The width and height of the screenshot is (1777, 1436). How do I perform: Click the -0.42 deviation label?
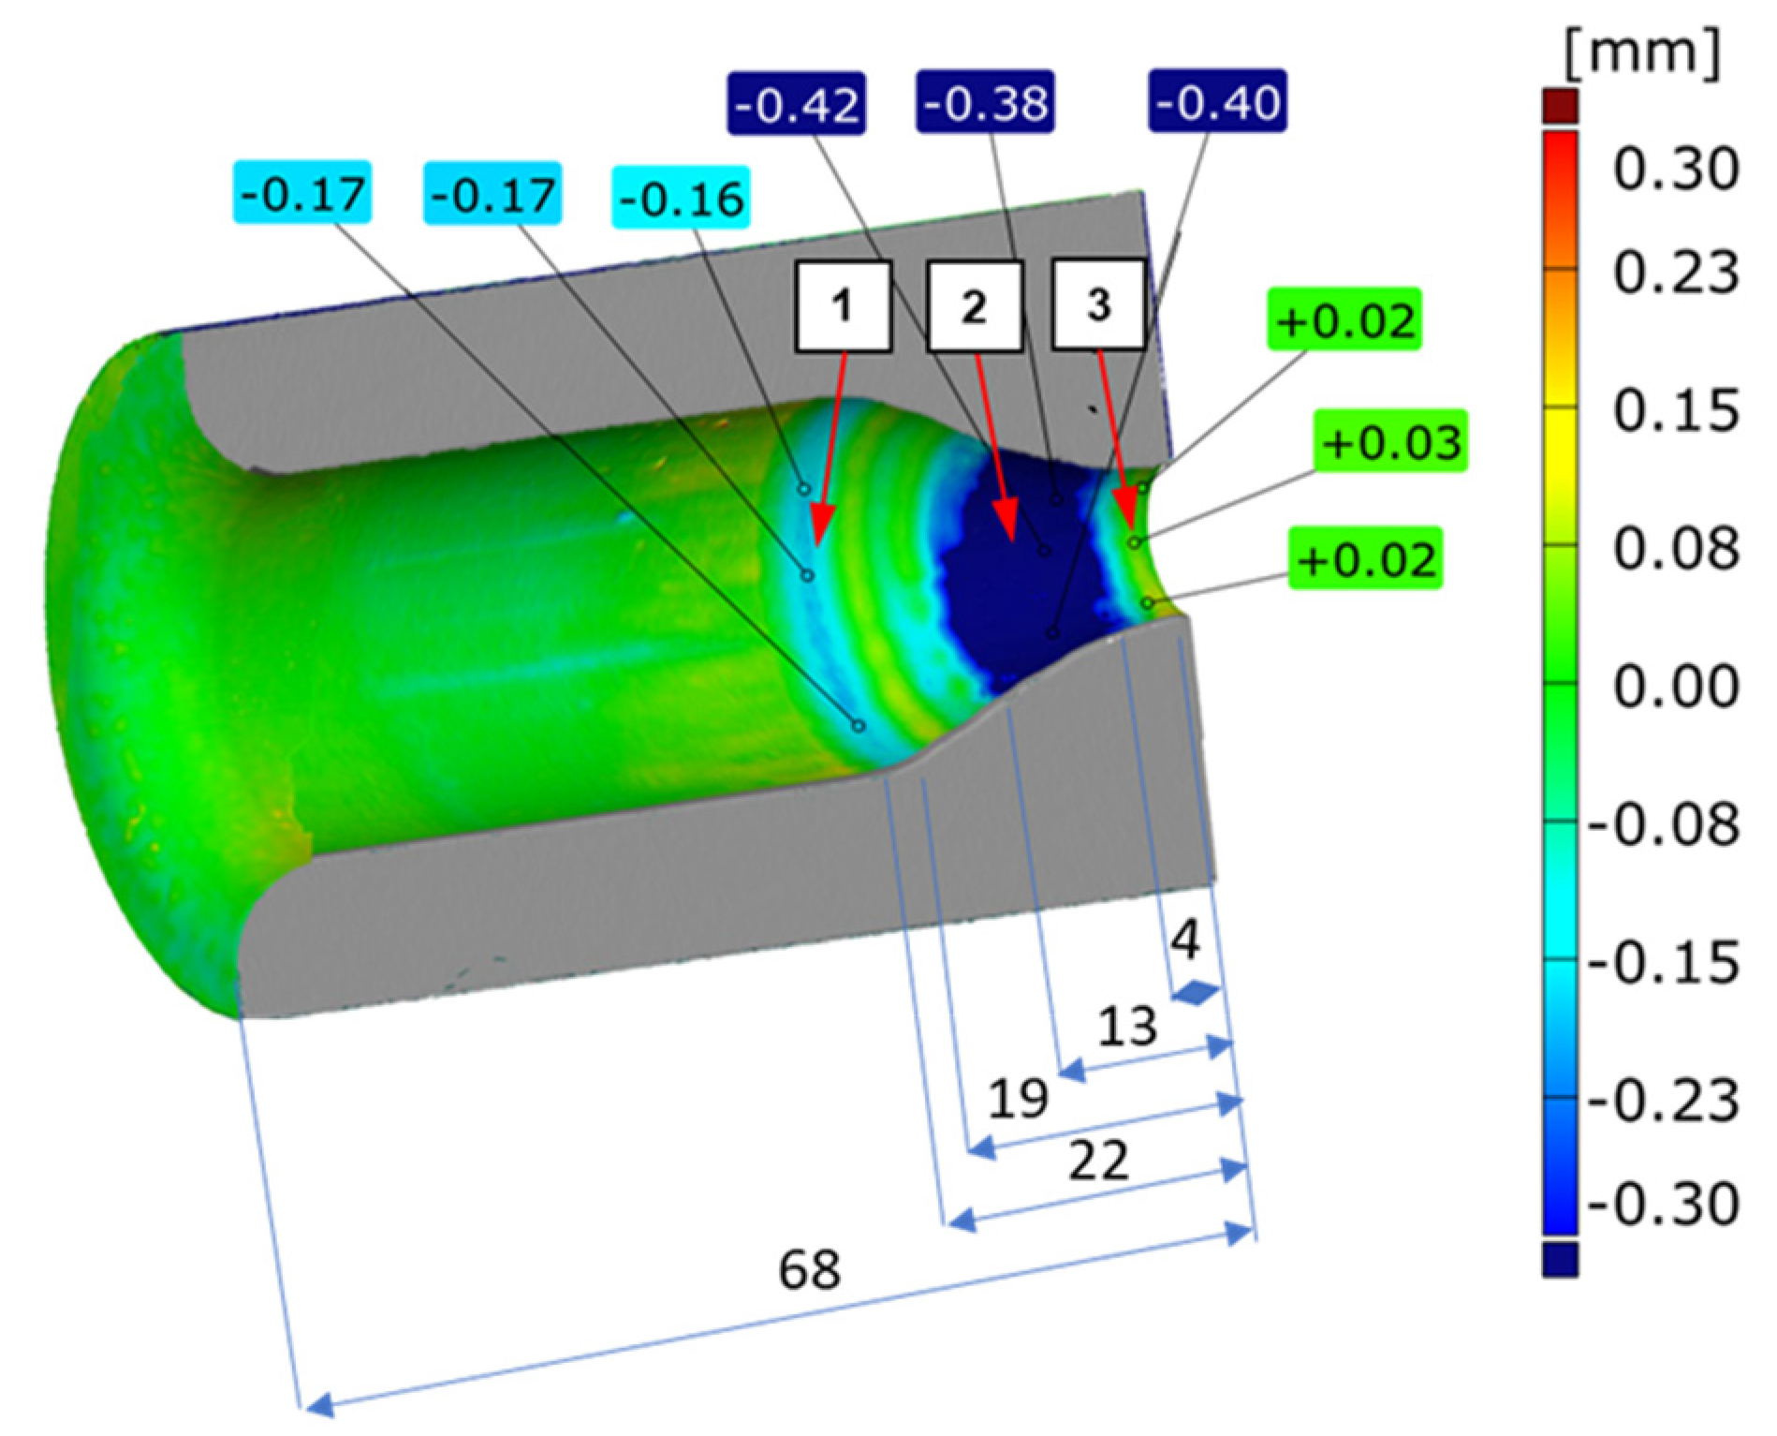796,104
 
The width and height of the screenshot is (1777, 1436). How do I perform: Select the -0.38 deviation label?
985,101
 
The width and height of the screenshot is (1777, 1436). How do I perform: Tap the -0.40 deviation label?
1217,100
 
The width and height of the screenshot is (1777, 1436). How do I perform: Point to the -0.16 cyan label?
681,198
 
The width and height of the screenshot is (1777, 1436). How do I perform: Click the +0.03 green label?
1390,440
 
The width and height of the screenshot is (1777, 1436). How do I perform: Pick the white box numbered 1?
843,306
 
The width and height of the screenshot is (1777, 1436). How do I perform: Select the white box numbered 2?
974,306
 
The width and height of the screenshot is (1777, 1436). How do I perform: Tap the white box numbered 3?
1099,304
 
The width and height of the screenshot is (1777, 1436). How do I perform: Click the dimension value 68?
809,1270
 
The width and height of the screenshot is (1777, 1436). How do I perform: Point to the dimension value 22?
1098,1162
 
